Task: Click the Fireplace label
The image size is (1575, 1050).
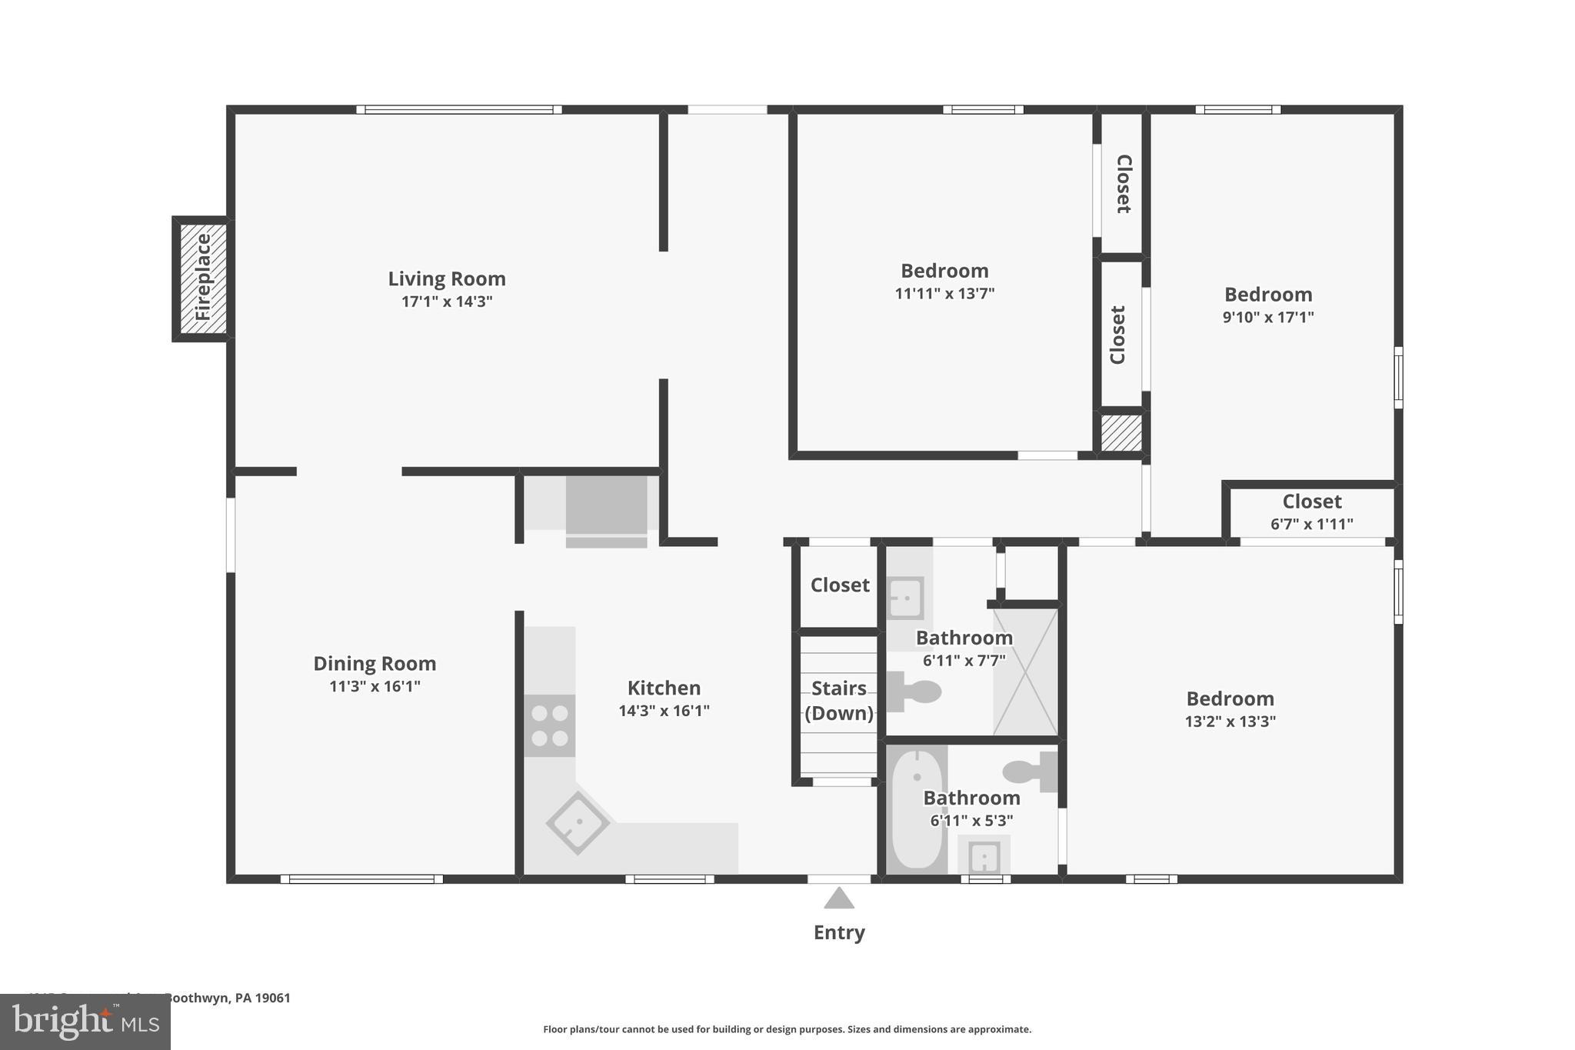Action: (203, 278)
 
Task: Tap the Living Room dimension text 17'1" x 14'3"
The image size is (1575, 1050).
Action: (446, 302)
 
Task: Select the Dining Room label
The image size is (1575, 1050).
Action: (375, 663)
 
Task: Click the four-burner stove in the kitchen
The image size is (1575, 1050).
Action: (550, 725)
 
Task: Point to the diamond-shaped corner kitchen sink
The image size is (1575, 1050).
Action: (578, 823)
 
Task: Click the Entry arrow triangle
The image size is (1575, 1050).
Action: (839, 899)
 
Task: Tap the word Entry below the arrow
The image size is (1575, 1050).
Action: (839, 932)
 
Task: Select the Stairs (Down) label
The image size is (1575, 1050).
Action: (839, 700)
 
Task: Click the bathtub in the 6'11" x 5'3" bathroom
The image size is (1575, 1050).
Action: (917, 809)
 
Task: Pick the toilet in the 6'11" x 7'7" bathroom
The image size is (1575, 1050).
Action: (915, 692)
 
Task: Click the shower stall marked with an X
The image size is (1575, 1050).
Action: (1026, 672)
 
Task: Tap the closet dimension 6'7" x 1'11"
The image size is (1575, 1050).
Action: (1311, 525)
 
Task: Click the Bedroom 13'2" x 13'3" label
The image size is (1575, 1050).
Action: (1230, 698)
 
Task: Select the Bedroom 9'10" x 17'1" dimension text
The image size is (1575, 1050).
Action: (1268, 317)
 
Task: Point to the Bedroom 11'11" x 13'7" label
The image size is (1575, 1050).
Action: (944, 271)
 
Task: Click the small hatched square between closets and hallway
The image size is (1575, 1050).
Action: (1121, 434)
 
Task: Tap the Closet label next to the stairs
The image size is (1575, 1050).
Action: (840, 585)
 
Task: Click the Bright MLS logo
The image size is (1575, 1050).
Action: (85, 1022)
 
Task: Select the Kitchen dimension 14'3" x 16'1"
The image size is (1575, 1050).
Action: (664, 711)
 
